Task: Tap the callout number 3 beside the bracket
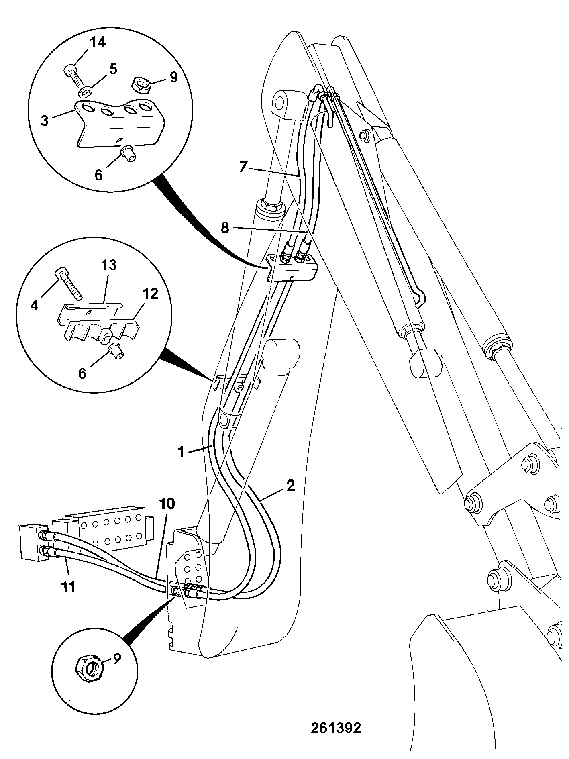[x=45, y=120]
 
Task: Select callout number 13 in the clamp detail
[x=109, y=266]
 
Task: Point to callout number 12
[x=149, y=294]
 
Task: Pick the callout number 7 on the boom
[x=243, y=167]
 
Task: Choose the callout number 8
[x=225, y=228]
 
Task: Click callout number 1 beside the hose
[x=182, y=453]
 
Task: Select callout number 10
[x=167, y=504]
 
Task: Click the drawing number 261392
[x=336, y=728]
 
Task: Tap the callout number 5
[x=113, y=69]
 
